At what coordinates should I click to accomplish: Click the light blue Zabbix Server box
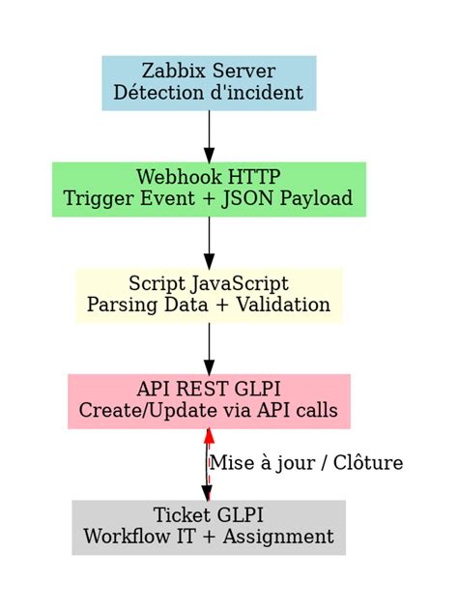209,82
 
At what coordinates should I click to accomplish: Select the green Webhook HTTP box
209,189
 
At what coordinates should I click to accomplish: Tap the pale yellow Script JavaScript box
209,295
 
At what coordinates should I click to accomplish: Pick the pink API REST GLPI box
209,401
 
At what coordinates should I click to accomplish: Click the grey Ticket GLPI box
209,527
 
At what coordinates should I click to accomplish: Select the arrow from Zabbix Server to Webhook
209,135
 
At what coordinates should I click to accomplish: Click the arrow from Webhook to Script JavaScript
209,242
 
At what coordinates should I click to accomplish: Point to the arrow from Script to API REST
209,348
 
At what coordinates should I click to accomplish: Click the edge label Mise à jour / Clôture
305,463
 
